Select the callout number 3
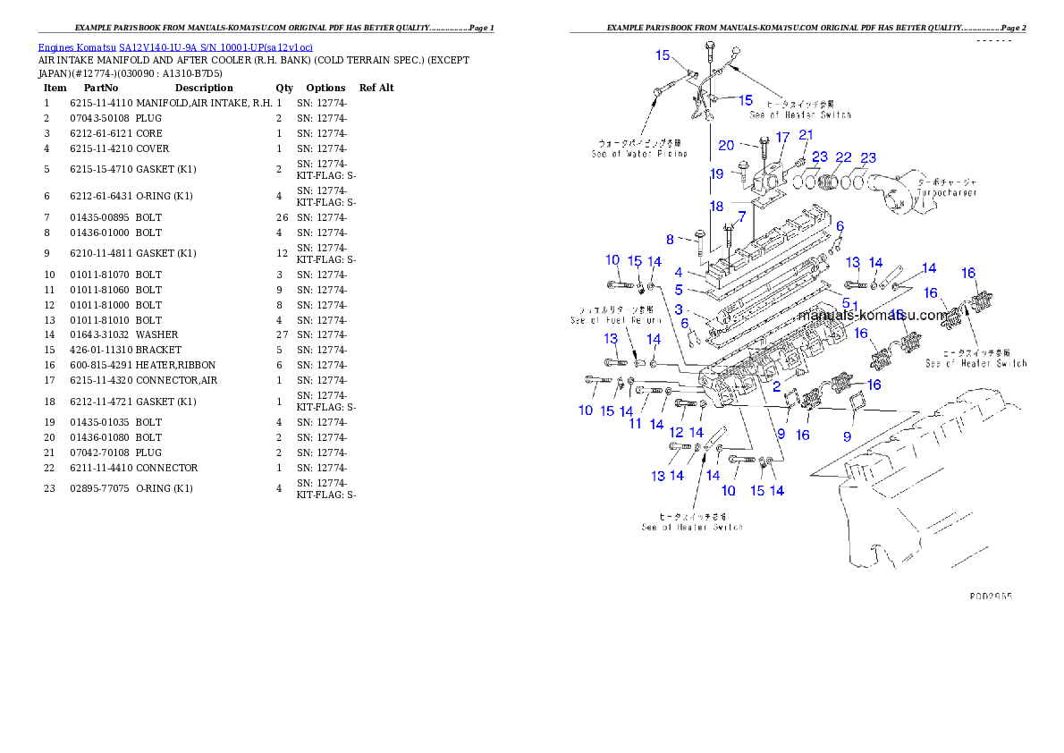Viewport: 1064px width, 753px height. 679,309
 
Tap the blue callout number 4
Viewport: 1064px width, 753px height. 680,272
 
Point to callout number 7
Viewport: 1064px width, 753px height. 741,216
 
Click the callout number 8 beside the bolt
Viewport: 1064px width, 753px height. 669,240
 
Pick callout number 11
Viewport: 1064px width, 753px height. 636,423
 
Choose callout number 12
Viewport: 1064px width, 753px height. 676,433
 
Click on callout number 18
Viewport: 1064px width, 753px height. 716,207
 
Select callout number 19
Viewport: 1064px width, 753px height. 716,173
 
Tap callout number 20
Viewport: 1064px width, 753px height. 726,145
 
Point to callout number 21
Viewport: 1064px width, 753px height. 806,135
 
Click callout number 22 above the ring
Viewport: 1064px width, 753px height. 843,157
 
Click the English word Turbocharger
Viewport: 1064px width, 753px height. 947,192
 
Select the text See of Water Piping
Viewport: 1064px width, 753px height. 639,154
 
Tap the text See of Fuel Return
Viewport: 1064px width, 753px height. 616,319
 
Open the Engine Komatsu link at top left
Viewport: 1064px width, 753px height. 175,47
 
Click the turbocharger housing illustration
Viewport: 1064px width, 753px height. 907,190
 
